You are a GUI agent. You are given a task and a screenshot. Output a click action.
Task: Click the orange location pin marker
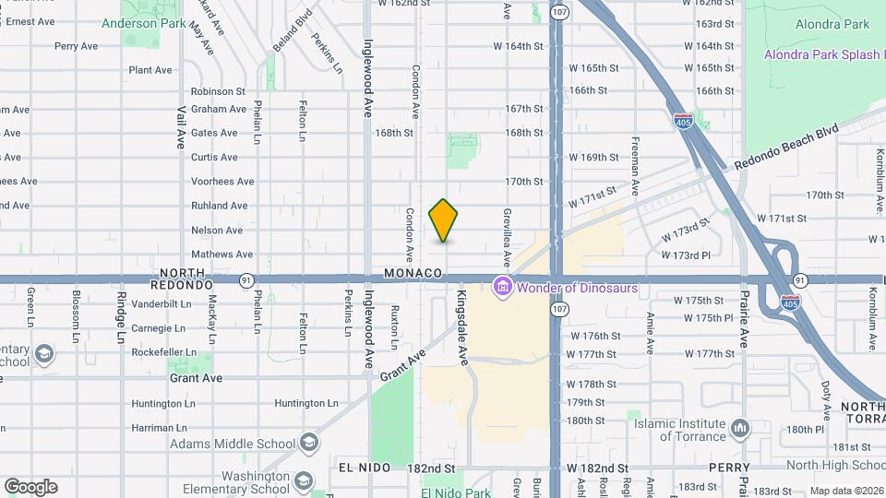coord(444,220)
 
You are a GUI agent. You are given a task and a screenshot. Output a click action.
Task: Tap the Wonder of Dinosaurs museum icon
coord(503,288)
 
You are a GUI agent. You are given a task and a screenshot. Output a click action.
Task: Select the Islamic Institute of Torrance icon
coord(739,428)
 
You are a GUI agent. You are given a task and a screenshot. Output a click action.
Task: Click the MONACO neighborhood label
coord(414,274)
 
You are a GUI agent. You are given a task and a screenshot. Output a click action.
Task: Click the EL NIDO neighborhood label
coord(359,468)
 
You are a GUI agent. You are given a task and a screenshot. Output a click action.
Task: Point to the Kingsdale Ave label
coord(462,329)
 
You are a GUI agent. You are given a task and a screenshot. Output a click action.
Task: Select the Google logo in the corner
coord(30,486)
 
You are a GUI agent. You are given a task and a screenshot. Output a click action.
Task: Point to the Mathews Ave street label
coord(221,255)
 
